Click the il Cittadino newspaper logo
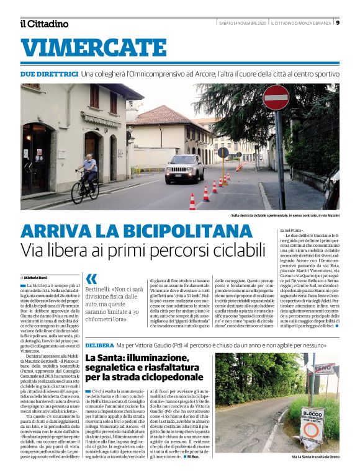point(43,24)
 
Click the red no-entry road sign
point(276,97)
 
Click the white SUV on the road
point(184,167)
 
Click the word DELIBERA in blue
point(99,344)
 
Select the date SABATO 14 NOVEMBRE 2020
point(241,23)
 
